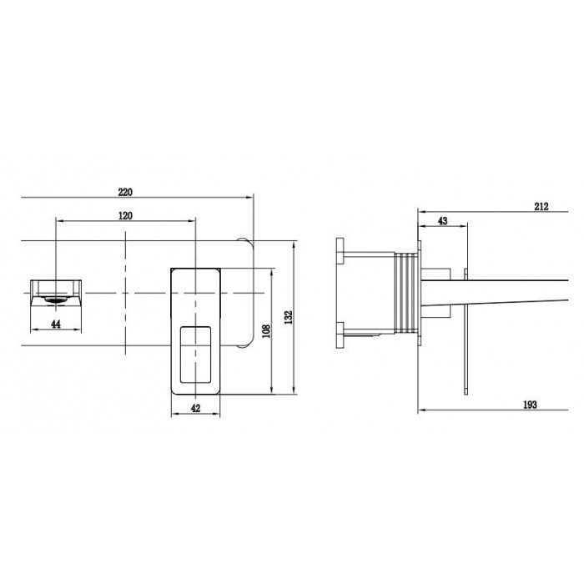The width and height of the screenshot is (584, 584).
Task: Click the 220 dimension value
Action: tap(125, 192)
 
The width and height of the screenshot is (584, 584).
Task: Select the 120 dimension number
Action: tap(125, 215)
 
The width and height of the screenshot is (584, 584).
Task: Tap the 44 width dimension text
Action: tap(56, 324)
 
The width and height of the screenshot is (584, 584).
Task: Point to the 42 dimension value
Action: tap(195, 408)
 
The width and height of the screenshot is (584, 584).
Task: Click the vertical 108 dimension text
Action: tap(266, 330)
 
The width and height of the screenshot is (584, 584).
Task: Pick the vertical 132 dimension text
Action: tap(289, 317)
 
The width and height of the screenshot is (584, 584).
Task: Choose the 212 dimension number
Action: tap(541, 206)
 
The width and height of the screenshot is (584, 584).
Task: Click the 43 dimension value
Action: tap(442, 221)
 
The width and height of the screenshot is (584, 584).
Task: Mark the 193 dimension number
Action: tap(530, 405)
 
